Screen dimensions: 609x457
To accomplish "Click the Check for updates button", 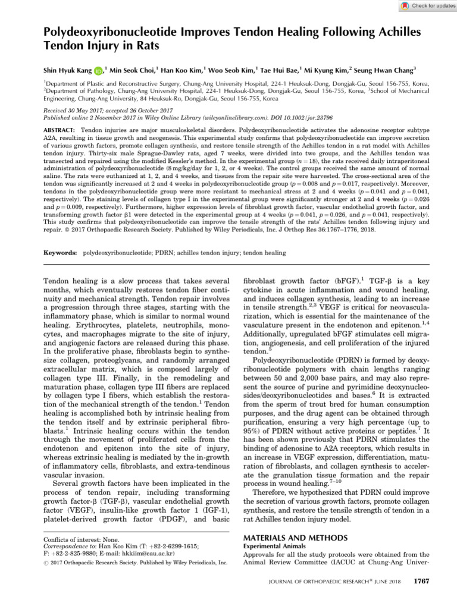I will [x=422, y=5].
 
